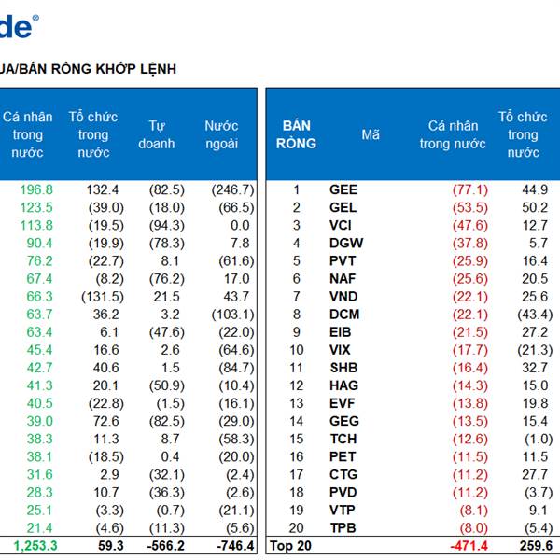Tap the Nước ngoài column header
(221, 134)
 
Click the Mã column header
(371, 134)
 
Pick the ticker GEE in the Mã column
(343, 189)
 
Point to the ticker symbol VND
(343, 296)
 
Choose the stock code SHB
(343, 368)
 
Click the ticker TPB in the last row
(343, 527)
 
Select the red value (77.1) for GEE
(469, 189)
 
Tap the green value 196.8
(36, 189)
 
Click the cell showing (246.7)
(232, 189)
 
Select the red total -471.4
(468, 546)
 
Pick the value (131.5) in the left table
(101, 296)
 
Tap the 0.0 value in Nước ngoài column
(240, 225)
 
